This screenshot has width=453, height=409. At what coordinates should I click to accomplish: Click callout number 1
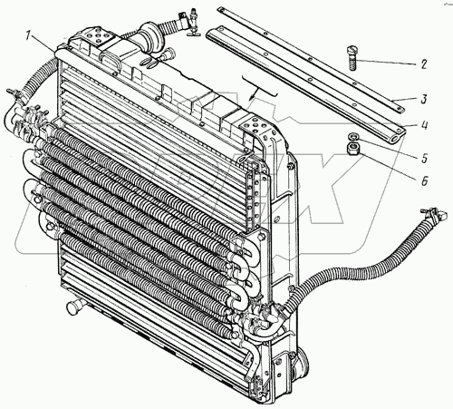28,37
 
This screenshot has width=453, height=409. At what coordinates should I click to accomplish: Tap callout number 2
424,64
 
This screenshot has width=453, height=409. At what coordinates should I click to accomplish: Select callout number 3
424,99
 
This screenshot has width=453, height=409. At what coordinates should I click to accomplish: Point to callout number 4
424,125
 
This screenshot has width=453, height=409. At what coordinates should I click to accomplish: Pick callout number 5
424,158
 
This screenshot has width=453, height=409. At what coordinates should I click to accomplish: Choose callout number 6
424,181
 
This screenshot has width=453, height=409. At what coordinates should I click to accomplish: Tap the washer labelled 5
352,137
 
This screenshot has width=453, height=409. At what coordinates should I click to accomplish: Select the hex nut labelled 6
352,149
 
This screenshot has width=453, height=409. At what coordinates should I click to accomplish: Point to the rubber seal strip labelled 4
305,84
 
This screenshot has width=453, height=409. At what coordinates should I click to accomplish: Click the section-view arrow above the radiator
260,88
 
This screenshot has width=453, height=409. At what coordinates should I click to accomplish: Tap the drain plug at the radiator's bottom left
74,307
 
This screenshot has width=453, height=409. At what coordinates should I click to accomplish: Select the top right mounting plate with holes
256,127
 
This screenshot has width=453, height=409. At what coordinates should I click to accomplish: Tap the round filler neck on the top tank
150,38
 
